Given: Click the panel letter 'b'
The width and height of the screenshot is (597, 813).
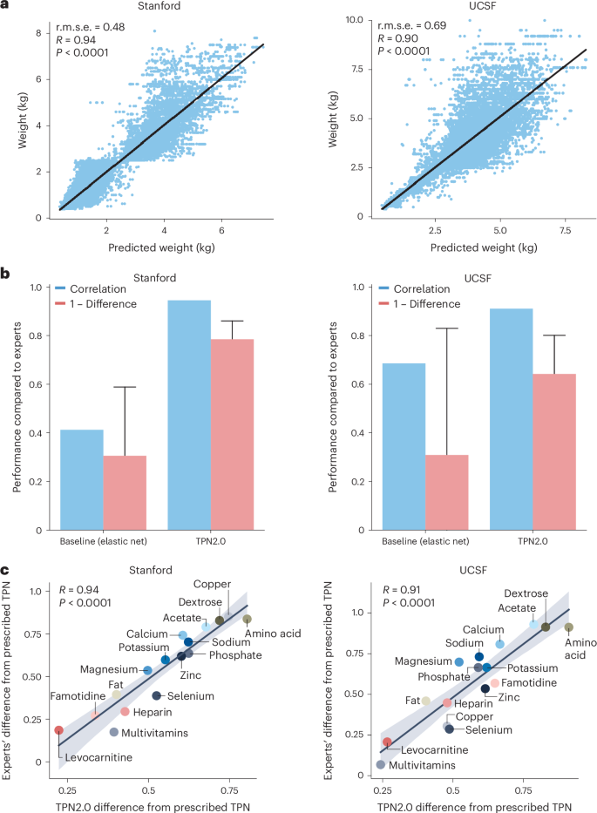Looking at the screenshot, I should pyautogui.click(x=7, y=274).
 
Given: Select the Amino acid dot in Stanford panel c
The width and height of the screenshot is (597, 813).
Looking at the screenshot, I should pyautogui.click(x=248, y=620).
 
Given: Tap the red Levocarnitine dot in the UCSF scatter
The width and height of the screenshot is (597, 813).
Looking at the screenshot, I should pyautogui.click(x=387, y=742).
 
